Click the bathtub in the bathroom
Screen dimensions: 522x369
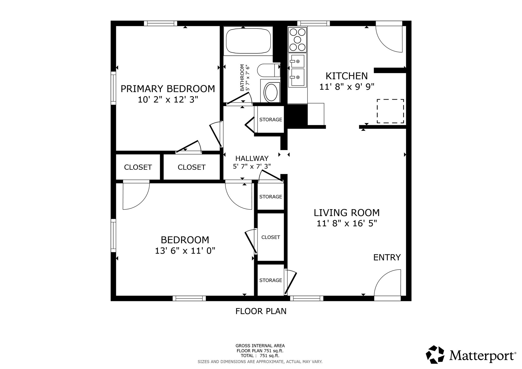pyautogui.click(x=248, y=41)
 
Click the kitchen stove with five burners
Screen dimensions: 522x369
pyautogui.click(x=297, y=39)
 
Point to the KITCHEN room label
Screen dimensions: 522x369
pyautogui.click(x=347, y=76)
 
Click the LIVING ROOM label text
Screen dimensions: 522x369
pyautogui.click(x=347, y=213)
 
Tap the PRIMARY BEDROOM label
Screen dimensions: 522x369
pyautogui.click(x=168, y=89)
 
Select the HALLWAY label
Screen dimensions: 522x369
pyautogui.click(x=252, y=159)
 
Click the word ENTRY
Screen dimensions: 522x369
pyautogui.click(x=387, y=257)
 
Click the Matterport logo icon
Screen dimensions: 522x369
pyautogui.click(x=435, y=354)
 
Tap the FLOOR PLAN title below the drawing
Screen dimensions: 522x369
pyautogui.click(x=261, y=311)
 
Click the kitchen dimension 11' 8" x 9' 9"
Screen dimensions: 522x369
pyautogui.click(x=347, y=87)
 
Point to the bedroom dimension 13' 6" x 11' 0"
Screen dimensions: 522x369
pyautogui.click(x=185, y=251)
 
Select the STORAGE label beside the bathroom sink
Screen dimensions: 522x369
pyautogui.click(x=271, y=120)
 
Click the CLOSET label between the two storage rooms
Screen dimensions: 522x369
pyautogui.click(x=271, y=237)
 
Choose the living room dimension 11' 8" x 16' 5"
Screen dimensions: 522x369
pyautogui.click(x=347, y=223)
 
